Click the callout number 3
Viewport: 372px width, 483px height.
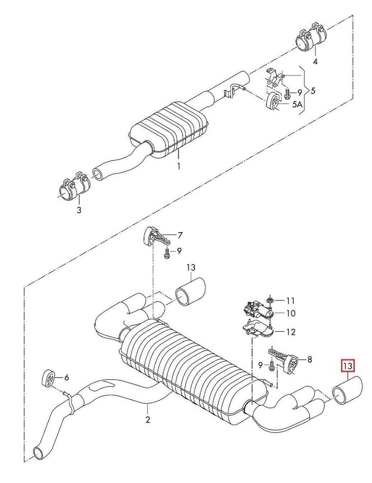(79, 210)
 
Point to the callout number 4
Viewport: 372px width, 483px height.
(315, 62)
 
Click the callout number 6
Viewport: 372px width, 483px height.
(67, 377)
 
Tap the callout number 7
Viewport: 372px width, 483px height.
(180, 235)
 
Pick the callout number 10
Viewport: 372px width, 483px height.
(291, 313)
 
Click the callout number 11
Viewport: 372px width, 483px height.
(291, 300)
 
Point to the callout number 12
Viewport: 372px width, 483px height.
(291, 332)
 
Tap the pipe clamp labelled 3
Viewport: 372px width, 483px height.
(74, 188)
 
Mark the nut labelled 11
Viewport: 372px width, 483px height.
(270, 300)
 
